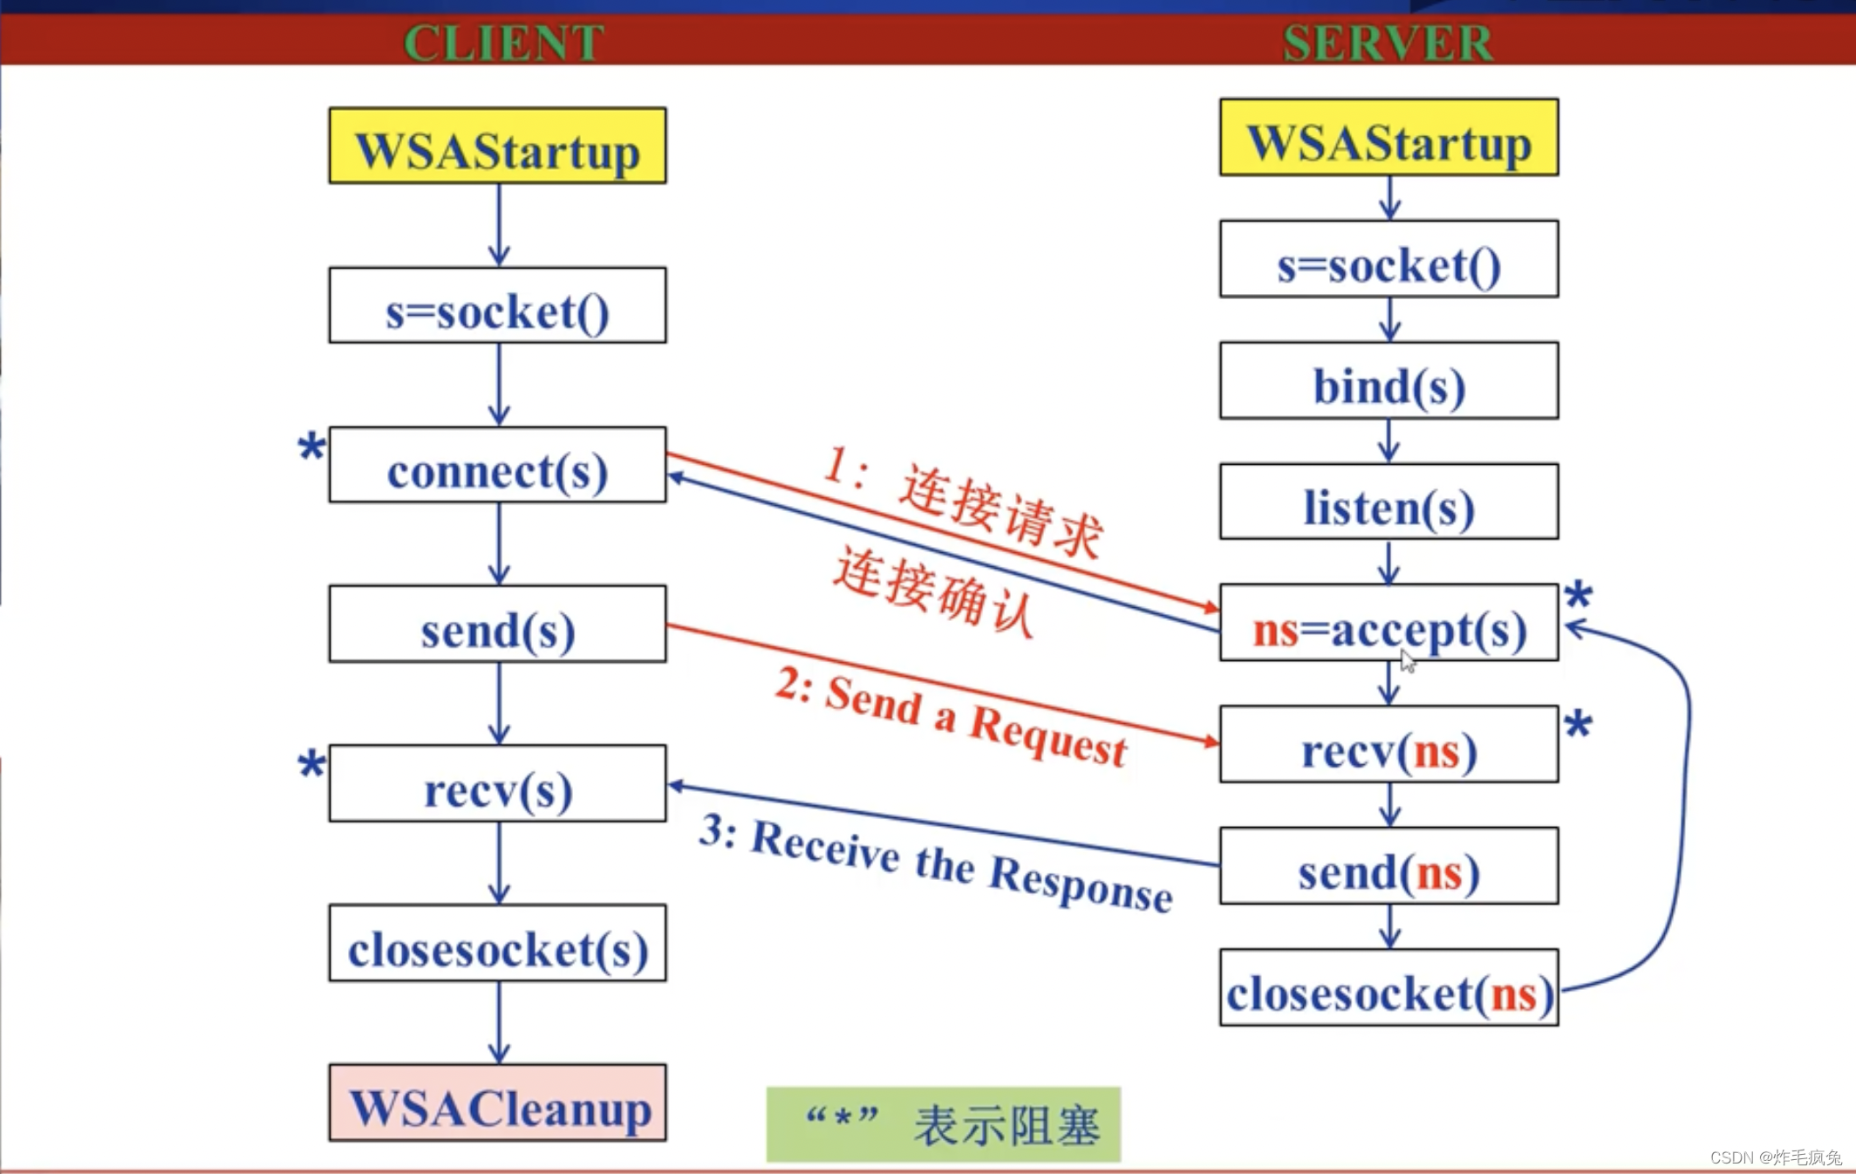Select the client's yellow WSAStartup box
497,146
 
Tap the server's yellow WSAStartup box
1389,138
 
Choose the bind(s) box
1389,381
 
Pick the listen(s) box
1389,502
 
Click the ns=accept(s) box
1389,624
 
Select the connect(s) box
497,466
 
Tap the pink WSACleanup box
497,1103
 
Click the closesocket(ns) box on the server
1389,988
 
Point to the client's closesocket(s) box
497,944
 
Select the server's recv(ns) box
1389,745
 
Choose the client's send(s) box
497,625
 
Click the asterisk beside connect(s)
310,448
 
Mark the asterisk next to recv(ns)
1578,725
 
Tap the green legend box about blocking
943,1124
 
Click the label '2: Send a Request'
951,719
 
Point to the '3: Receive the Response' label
936,863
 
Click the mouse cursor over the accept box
1408,661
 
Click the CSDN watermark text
1775,1157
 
